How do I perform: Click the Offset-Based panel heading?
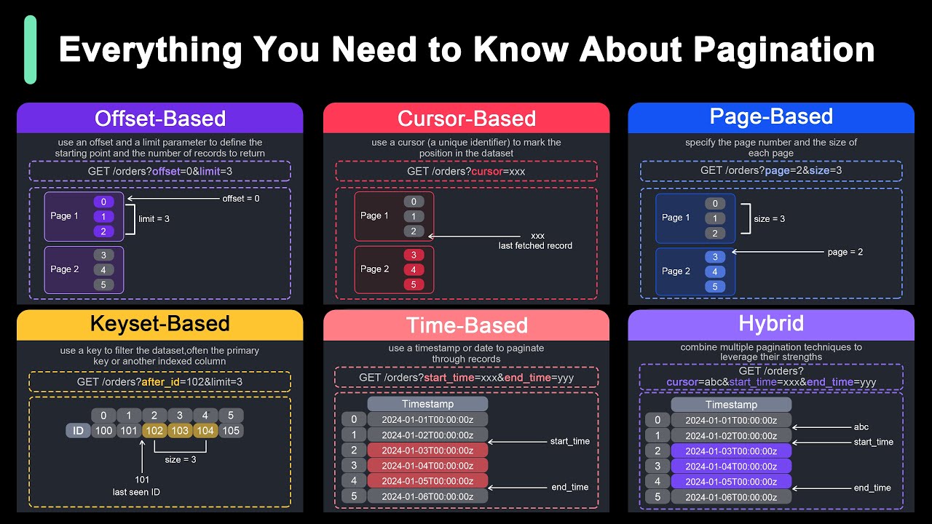pyautogui.click(x=160, y=119)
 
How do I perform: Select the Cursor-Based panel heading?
pyautogui.click(x=467, y=119)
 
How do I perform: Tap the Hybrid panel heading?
pyautogui.click(x=771, y=324)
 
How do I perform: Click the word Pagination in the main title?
pyautogui.click(x=783, y=49)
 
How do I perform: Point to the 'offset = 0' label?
pyautogui.click(x=241, y=198)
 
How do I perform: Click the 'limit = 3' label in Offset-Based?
pyautogui.click(x=154, y=218)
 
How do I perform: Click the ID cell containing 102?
pyautogui.click(x=155, y=430)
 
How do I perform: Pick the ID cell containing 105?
pyautogui.click(x=230, y=430)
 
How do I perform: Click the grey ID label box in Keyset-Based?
pyautogui.click(x=78, y=430)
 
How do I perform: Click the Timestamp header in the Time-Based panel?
pyautogui.click(x=427, y=404)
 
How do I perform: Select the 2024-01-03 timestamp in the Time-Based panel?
pyautogui.click(x=427, y=450)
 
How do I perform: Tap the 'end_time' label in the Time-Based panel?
pyautogui.click(x=570, y=487)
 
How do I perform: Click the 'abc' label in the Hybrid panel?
pyautogui.click(x=861, y=427)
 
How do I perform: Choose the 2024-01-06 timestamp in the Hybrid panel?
pyautogui.click(x=731, y=497)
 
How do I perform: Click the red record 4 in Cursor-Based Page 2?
pyautogui.click(x=414, y=270)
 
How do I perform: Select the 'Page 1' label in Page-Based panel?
pyautogui.click(x=676, y=218)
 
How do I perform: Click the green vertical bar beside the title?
pyautogui.click(x=30, y=49)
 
